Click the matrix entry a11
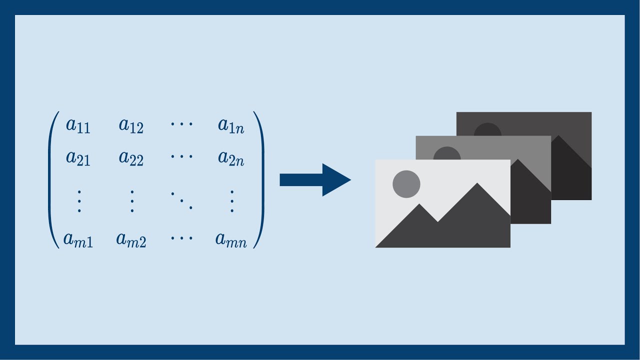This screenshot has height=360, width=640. (x=78, y=126)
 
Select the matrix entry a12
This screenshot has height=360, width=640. (x=131, y=126)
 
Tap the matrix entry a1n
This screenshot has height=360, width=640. (x=231, y=126)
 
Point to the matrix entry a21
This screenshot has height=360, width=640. (x=78, y=158)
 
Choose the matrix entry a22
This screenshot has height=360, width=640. (x=131, y=158)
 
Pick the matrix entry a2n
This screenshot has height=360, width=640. (x=231, y=158)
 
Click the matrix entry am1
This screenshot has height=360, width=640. (x=78, y=239)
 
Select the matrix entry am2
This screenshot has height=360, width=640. (x=131, y=239)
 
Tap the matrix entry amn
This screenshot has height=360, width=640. (x=231, y=239)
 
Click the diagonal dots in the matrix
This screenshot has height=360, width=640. (x=181, y=201)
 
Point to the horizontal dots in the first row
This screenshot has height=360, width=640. (x=181, y=124)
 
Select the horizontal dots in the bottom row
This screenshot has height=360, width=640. (x=181, y=237)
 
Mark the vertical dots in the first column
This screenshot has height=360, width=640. (x=79, y=201)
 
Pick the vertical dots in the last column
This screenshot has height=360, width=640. (x=232, y=201)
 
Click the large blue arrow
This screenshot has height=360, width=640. (x=315, y=180)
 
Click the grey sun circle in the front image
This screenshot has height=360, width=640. (x=406, y=184)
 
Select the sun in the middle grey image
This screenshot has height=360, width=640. (x=447, y=153)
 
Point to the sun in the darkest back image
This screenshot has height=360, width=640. (x=487, y=130)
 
